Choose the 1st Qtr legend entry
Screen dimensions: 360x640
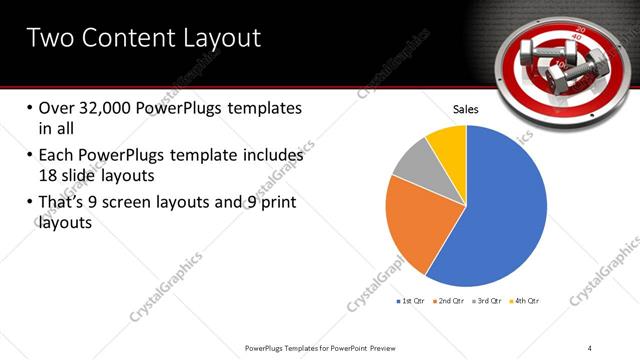tap(412, 301)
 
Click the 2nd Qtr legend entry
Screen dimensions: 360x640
tap(449, 301)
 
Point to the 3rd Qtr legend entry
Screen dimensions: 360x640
tap(487, 301)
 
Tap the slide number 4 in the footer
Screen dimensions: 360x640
tap(590, 347)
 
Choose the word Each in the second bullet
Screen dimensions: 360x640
tap(58, 156)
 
